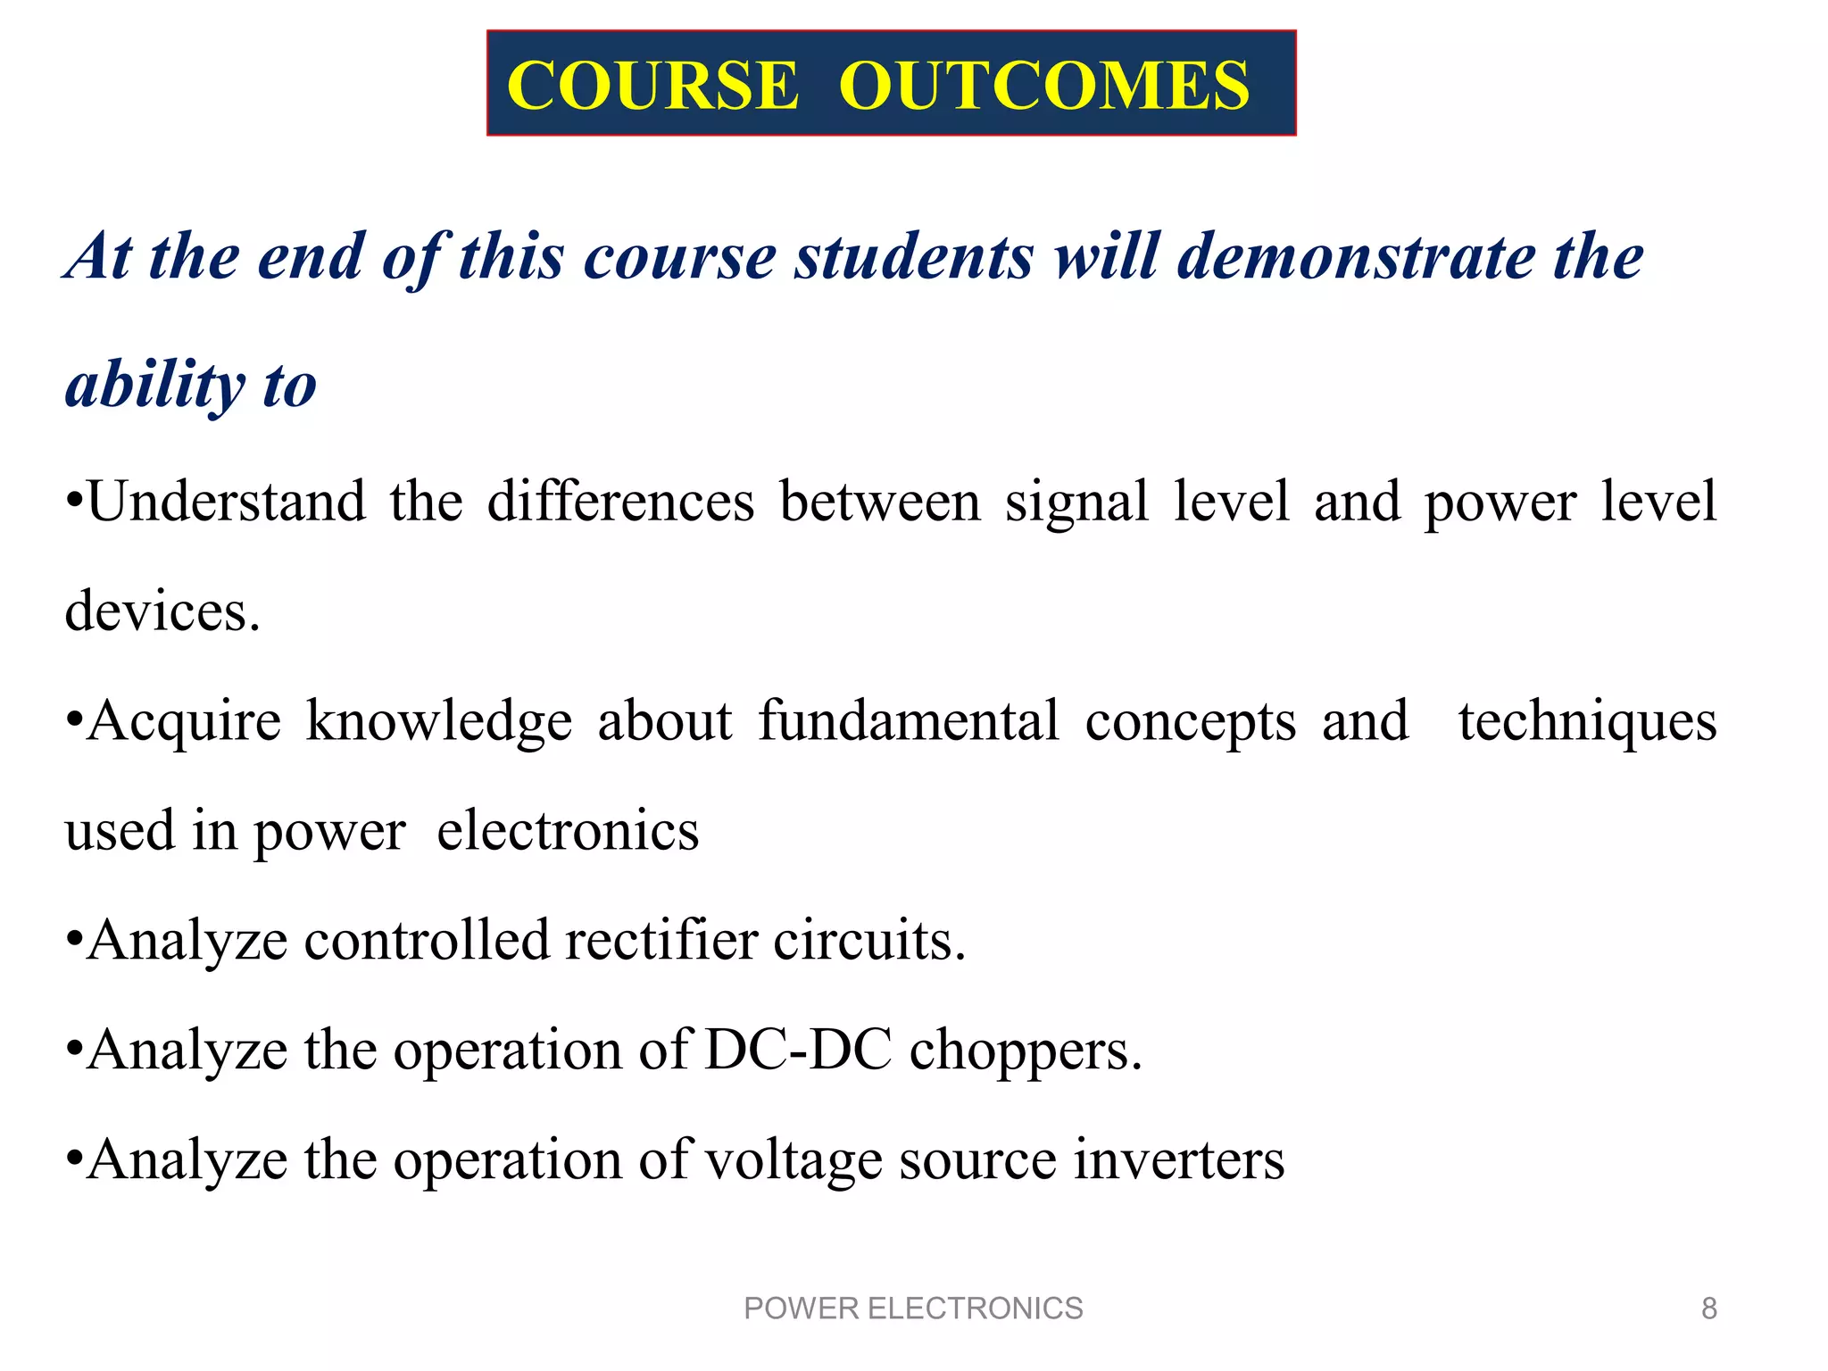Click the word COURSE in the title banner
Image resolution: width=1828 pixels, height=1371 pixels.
click(x=652, y=86)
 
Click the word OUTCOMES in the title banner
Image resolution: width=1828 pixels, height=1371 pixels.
click(x=1044, y=86)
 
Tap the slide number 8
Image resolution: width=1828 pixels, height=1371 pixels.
click(x=1708, y=1309)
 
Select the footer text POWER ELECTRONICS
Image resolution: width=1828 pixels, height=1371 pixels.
click(x=913, y=1309)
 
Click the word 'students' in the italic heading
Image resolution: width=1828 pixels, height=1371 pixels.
click(x=914, y=257)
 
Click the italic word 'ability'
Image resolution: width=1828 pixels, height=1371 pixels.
click(x=154, y=386)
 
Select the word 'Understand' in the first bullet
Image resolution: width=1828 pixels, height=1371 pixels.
click(x=227, y=502)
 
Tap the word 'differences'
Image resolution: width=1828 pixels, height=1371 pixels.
click(x=620, y=502)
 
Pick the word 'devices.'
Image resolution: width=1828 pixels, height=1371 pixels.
click(x=162, y=612)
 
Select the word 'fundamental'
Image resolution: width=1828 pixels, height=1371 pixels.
click(x=909, y=721)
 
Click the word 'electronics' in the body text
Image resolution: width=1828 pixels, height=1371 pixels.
click(x=568, y=831)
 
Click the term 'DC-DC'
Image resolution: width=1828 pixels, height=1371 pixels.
click(x=798, y=1050)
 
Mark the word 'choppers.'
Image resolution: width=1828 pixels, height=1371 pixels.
click(x=1026, y=1051)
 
